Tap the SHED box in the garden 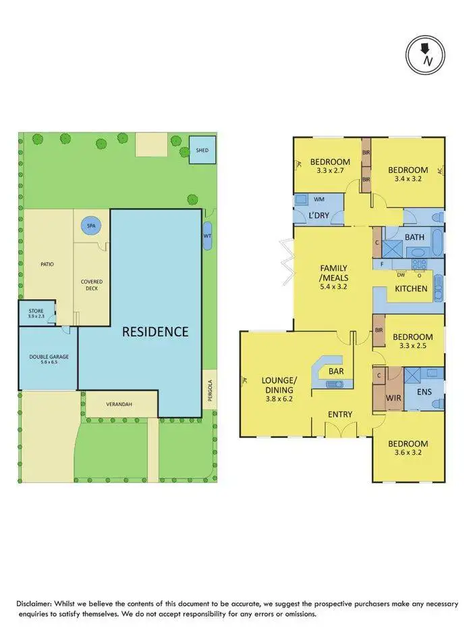coord(202,150)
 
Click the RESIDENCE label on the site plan coord(155,331)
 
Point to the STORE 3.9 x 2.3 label coord(36,314)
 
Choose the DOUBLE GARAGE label coord(48,359)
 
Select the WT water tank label coord(207,236)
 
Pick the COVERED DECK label coord(91,284)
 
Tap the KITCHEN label coord(411,288)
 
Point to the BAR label coord(336,372)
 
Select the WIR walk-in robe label coord(393,398)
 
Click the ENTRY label coord(341,413)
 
